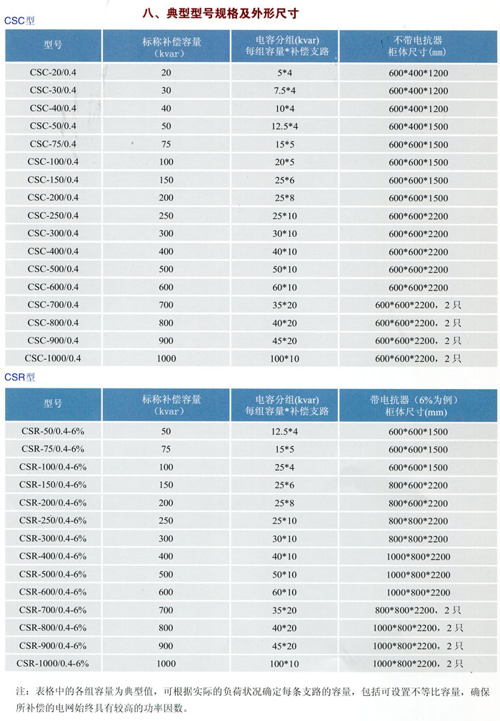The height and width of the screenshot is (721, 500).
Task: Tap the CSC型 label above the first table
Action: [x=19, y=21]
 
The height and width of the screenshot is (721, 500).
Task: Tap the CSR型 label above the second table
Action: [x=19, y=377]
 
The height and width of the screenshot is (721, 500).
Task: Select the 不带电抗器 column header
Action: [x=419, y=41]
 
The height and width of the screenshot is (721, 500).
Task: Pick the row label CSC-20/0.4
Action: [x=53, y=73]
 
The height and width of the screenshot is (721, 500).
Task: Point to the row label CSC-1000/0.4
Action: [x=53, y=358]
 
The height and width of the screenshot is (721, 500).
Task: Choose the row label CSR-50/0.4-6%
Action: [x=53, y=431]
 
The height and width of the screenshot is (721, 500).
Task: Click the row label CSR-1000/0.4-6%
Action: [x=53, y=663]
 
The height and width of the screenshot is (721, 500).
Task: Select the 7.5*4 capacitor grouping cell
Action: [x=285, y=91]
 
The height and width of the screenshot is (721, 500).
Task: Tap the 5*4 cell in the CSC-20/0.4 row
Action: [x=285, y=73]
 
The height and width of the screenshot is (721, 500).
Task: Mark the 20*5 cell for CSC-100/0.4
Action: [x=285, y=162]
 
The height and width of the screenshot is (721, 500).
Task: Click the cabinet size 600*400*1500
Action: [x=419, y=126]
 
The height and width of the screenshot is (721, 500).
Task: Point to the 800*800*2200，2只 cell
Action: [x=419, y=610]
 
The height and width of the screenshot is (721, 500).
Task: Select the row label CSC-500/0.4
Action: [x=53, y=269]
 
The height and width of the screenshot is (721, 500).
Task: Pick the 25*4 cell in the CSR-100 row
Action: [x=285, y=467]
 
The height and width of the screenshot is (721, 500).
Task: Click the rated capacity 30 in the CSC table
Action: [x=166, y=91]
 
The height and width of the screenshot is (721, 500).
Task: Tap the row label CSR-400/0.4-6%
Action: [x=53, y=556]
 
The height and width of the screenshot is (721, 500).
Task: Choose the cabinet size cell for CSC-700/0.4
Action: [x=419, y=305]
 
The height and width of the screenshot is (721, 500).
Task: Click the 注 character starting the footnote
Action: [x=20, y=692]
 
